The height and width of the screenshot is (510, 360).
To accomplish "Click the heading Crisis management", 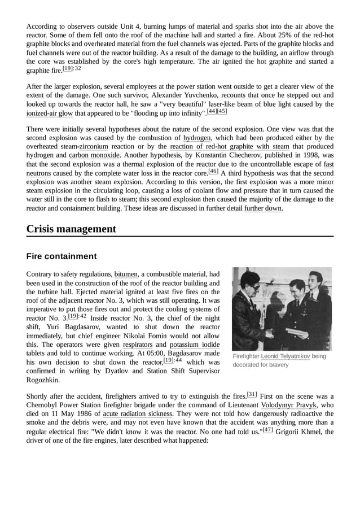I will (x=71, y=229).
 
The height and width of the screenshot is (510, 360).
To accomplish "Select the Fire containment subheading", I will (x=62, y=256).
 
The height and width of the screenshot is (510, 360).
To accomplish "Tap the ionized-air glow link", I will (x=49, y=113).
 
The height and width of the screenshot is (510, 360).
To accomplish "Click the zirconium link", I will (x=94, y=147).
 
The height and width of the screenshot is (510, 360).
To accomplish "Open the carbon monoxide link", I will (x=94, y=155).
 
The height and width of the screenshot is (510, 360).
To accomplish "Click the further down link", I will (x=262, y=208).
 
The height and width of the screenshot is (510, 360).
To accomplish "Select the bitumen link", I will (x=125, y=274).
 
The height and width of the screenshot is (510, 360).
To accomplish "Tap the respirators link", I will (x=138, y=345).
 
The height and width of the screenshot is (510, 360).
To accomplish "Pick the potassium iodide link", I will (x=195, y=345).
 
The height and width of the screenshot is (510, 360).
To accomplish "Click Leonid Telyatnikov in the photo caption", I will (x=285, y=357).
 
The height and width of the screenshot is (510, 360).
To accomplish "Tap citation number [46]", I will (x=213, y=171).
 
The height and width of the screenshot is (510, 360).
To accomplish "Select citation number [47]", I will (x=267, y=429).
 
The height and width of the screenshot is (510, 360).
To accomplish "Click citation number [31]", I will (x=252, y=394).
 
